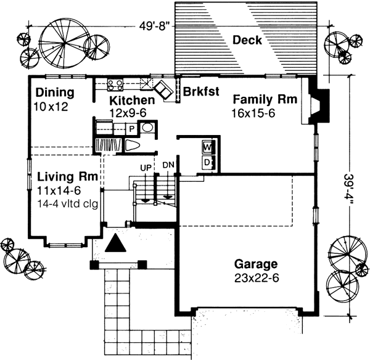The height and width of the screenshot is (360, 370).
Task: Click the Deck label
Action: click(247, 41)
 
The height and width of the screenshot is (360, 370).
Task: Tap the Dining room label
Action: click(54, 93)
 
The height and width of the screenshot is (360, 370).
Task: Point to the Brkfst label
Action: click(199, 92)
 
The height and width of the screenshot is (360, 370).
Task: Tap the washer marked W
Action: click(207, 148)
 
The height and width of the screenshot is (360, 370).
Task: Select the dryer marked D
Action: click(207, 162)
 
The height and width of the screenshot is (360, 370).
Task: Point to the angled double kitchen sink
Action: click(163, 89)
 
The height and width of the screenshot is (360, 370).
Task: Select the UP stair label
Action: click(146, 167)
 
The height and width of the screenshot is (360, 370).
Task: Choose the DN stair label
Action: click(168, 165)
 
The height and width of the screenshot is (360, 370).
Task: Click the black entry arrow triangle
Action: click(115, 243)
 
